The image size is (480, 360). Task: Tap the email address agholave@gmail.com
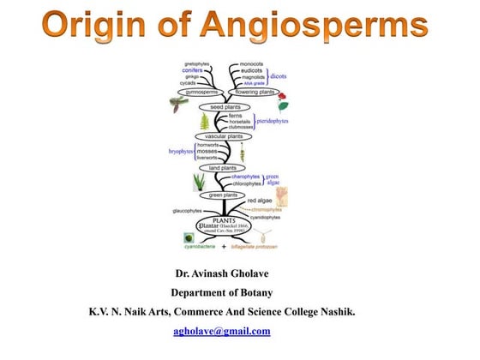click(221, 331)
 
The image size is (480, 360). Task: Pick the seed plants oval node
click(224, 107)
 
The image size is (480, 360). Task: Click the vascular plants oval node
click(228, 136)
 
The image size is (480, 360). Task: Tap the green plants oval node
click(227, 195)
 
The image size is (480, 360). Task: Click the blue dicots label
click(279, 75)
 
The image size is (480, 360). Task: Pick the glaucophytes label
click(187, 210)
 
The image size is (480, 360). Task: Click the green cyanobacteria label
click(201, 247)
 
